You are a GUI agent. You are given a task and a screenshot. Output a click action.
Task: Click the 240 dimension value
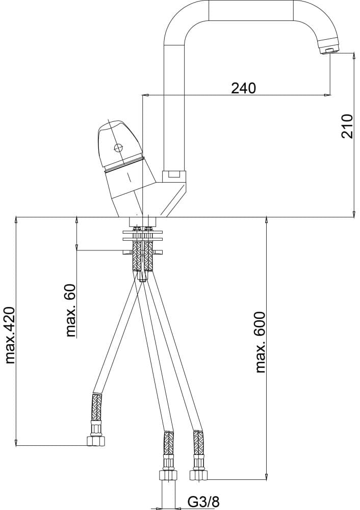tap(244, 88)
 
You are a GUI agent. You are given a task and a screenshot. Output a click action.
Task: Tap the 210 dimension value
tap(347, 126)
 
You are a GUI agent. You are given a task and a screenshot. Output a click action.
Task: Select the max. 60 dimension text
tap(70, 311)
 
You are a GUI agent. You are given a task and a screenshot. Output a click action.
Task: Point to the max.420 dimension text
tap(10, 335)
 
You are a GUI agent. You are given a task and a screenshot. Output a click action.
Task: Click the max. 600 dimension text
tap(260, 343)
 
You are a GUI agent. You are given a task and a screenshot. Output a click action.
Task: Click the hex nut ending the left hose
tap(96, 441)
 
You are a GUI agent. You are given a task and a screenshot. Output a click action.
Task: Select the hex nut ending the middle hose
tap(168, 475)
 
